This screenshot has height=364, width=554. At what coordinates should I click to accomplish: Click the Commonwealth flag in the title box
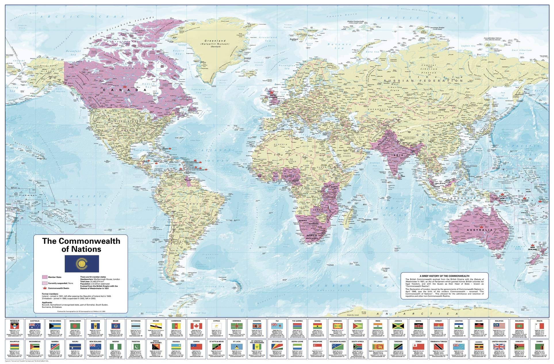click(82, 264)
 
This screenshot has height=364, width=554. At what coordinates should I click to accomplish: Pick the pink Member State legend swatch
click(45, 277)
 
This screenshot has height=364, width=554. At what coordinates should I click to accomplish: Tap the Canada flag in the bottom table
click(196, 326)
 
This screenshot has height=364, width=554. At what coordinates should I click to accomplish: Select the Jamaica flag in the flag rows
click(398, 326)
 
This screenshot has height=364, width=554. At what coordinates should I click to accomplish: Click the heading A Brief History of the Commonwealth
click(444, 276)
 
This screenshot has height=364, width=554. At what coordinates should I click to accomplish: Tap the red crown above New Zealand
click(532, 246)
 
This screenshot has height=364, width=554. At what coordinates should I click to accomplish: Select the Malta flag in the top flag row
click(539, 326)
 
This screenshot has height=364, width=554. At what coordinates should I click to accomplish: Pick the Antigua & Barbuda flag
click(15, 326)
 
